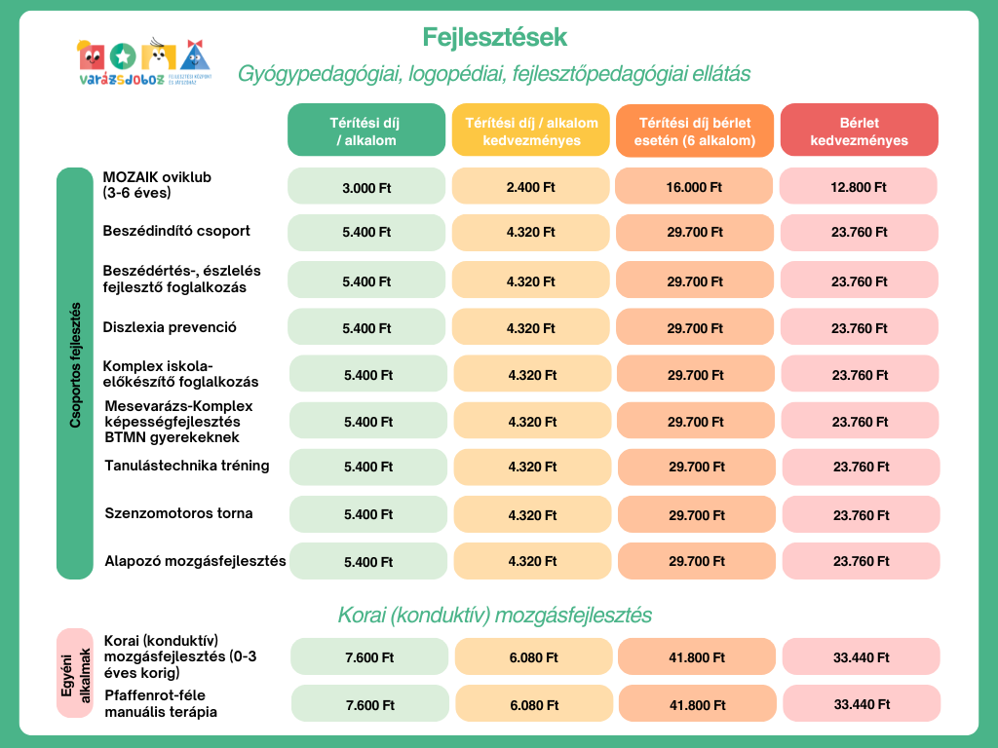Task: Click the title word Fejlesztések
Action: [x=494, y=37]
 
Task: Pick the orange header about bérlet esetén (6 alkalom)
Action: [x=695, y=131]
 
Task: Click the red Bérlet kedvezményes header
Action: [x=859, y=131]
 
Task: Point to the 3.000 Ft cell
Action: [x=366, y=186]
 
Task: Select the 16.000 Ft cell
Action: [x=695, y=186]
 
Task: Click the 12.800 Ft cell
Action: [x=859, y=186]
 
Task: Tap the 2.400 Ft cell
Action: [x=531, y=186]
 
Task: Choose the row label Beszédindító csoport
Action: [x=176, y=231]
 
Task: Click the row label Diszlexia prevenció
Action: [x=170, y=327]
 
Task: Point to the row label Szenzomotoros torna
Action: [x=178, y=513]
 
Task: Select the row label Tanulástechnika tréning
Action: [x=187, y=466]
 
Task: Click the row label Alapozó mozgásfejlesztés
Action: [x=195, y=561]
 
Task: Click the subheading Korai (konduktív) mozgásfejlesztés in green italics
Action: [x=494, y=616]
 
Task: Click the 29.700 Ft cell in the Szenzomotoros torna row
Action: [x=697, y=514]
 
